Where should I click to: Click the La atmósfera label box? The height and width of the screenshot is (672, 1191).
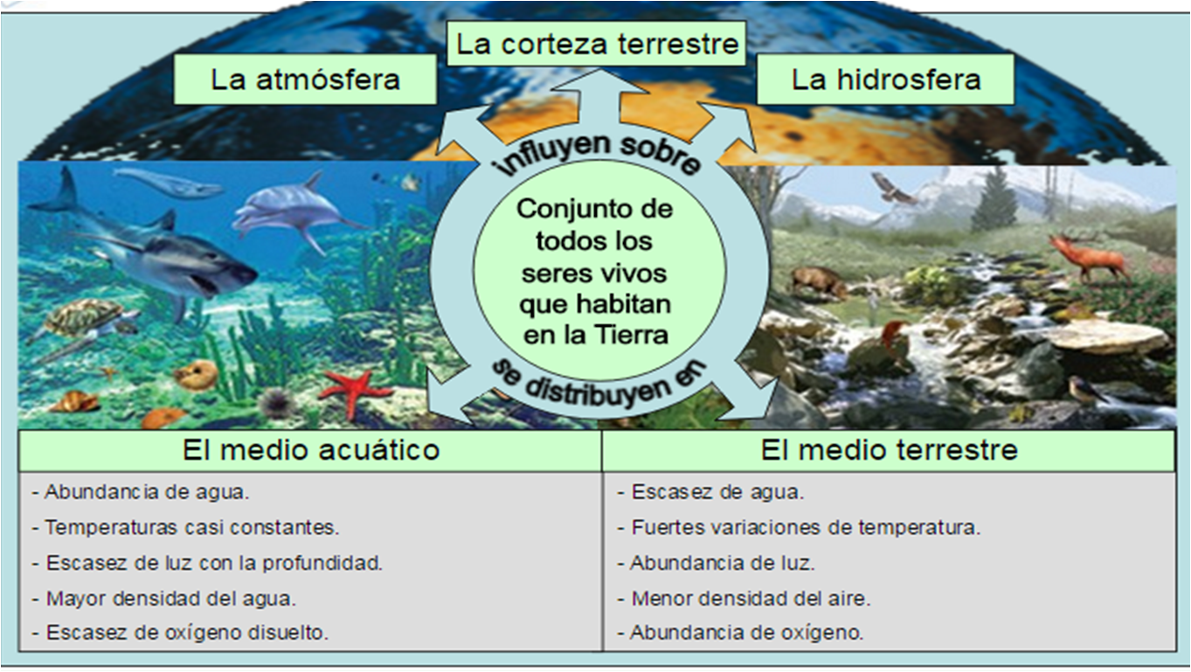click(305, 80)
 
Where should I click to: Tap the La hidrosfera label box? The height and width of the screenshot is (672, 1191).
click(885, 80)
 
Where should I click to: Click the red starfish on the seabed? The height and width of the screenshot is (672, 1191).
click(354, 390)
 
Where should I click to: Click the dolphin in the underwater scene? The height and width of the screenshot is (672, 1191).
click(293, 209)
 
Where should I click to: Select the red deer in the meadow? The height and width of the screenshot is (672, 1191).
click(1089, 256)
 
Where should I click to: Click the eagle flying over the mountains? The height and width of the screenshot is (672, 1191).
click(892, 188)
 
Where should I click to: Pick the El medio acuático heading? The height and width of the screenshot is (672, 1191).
click(310, 450)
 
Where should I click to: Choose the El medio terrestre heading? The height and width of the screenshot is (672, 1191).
click(889, 450)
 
